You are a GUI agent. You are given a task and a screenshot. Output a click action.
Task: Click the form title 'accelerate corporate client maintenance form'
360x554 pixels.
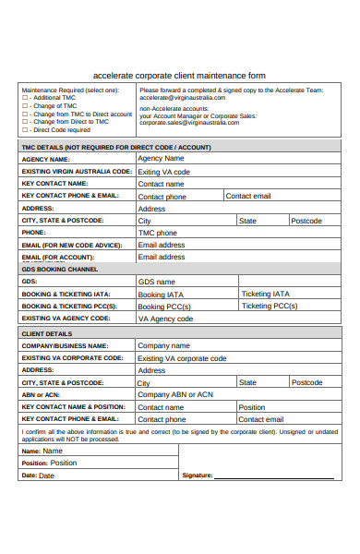click(179, 76)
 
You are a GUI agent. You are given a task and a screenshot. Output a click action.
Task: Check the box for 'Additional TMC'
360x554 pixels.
click(25, 98)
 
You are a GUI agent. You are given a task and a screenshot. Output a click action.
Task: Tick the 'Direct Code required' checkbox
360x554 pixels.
click(25, 130)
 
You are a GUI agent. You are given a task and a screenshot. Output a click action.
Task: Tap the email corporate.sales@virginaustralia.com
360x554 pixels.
click(189, 122)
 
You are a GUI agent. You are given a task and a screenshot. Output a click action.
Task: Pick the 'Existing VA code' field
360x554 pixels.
click(163, 172)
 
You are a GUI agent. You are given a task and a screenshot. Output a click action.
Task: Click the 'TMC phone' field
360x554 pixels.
click(157, 233)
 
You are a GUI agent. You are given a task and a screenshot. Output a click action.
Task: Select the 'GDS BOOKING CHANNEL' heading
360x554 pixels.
click(59, 270)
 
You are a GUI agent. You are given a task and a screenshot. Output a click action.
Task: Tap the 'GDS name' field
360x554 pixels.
click(156, 282)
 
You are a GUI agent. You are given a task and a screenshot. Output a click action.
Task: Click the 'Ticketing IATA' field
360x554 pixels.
click(265, 294)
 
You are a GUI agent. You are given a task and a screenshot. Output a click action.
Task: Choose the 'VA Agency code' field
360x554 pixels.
click(165, 319)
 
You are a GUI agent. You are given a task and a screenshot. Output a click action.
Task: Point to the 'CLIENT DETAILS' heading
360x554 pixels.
click(46, 333)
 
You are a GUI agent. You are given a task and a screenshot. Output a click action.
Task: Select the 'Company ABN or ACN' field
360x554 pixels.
click(174, 394)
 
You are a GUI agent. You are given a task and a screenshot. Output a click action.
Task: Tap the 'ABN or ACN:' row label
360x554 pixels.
click(41, 394)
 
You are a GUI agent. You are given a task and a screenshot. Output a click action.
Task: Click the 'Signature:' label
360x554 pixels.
click(198, 476)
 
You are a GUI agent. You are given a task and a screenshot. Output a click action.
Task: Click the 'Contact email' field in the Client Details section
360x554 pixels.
click(261, 419)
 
